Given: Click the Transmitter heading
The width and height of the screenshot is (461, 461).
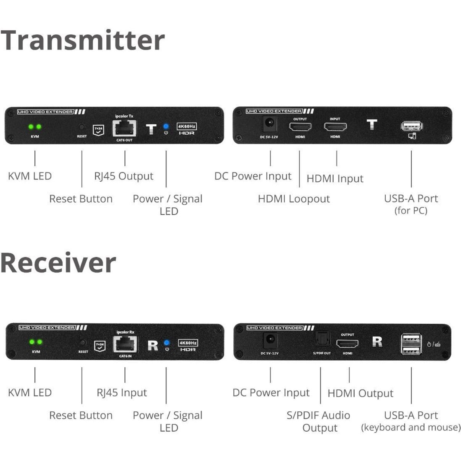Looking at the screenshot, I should click(x=82, y=40).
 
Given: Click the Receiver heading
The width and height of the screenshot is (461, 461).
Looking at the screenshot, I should click(x=58, y=263).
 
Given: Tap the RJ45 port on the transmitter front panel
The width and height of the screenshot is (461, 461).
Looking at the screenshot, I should click(x=124, y=128).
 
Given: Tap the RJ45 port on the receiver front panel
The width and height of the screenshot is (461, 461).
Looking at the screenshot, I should click(x=125, y=344).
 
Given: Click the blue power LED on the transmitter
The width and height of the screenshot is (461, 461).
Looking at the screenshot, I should click(x=166, y=126).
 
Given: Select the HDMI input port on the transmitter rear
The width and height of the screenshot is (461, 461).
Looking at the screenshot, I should click(x=335, y=127).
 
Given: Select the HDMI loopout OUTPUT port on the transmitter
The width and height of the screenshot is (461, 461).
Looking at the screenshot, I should click(x=300, y=127).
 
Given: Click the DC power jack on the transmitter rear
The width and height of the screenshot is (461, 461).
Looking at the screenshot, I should click(x=269, y=124).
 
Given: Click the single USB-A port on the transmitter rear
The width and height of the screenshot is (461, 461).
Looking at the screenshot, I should click(x=412, y=126).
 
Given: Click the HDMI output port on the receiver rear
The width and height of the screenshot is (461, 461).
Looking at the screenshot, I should click(x=347, y=344).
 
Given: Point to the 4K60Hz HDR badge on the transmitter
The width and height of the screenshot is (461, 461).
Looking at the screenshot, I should click(x=187, y=129).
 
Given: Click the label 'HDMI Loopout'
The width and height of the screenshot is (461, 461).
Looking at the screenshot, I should click(x=293, y=199).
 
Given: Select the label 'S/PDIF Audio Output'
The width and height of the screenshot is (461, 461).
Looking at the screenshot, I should click(x=319, y=421).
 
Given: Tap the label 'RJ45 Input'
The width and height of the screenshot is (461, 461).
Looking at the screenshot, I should click(x=122, y=393).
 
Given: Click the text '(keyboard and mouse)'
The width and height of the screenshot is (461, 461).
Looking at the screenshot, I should click(x=411, y=427).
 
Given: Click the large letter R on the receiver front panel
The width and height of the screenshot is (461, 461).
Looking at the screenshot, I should click(x=153, y=345).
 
